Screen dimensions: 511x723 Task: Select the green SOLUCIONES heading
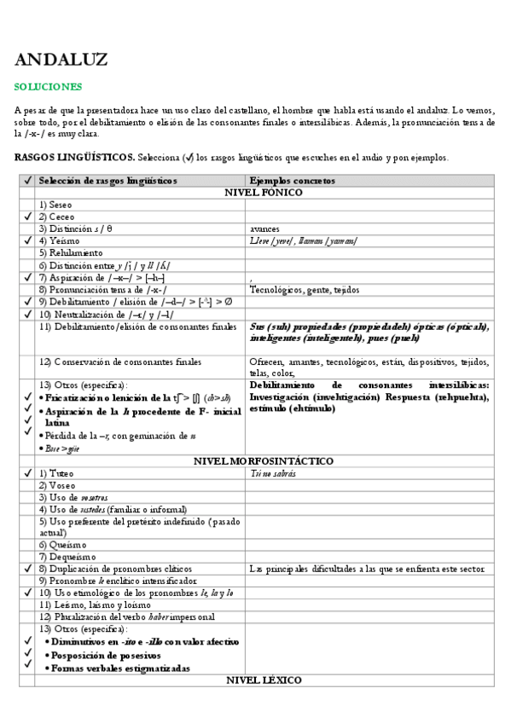point(49,86)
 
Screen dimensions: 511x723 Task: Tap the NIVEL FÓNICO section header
point(263,193)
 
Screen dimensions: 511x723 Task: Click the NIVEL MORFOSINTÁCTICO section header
point(263,460)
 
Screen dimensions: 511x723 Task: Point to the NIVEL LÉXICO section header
point(263,680)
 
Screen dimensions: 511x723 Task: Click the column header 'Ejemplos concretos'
point(292,181)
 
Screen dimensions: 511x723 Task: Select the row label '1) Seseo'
point(55,205)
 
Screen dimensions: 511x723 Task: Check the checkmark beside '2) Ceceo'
point(27,217)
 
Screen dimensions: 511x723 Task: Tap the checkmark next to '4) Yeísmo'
point(27,241)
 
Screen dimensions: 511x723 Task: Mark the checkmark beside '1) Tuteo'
point(27,473)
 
